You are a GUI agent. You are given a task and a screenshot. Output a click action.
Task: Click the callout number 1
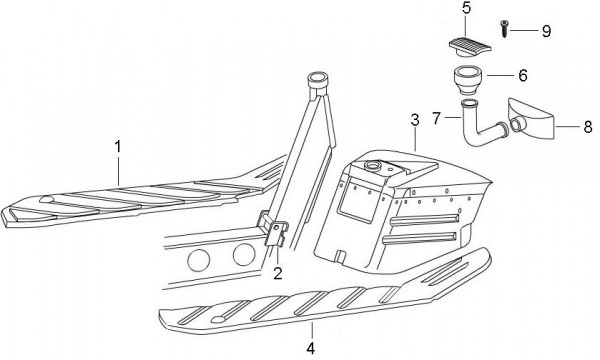click(x=118, y=147)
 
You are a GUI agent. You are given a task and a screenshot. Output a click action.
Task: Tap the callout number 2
click(x=278, y=273)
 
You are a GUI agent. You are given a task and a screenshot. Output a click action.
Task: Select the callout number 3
click(x=415, y=120)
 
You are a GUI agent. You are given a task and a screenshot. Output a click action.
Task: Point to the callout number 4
click(x=311, y=348)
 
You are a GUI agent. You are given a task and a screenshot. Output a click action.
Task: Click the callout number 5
click(x=466, y=8)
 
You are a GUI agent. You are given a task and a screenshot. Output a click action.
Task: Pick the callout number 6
click(x=523, y=75)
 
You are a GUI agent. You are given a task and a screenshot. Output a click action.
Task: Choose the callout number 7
click(x=437, y=118)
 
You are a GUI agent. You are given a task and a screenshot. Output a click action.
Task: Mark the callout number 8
click(x=588, y=127)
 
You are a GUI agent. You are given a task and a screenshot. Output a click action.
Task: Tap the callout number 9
click(x=546, y=31)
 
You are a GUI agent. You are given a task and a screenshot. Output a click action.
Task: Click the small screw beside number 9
click(x=504, y=29)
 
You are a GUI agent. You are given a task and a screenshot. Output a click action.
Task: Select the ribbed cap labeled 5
click(x=470, y=47)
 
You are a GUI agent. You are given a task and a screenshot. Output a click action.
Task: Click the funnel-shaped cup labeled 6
click(x=468, y=80)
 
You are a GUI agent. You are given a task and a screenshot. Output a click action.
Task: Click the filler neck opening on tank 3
click(x=372, y=165)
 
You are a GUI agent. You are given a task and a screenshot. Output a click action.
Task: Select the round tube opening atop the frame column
click(x=318, y=79)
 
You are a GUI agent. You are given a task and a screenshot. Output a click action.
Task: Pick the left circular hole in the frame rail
click(x=199, y=260)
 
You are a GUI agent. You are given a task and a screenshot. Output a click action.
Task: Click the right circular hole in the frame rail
click(x=244, y=254)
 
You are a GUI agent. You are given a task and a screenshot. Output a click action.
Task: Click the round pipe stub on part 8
click(x=516, y=124)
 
